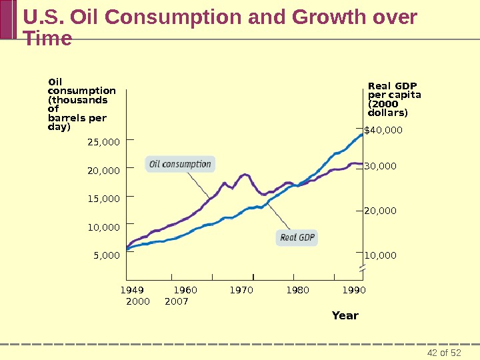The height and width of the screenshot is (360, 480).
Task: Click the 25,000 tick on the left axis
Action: point(103,142)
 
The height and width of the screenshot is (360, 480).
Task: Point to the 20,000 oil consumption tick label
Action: point(103,171)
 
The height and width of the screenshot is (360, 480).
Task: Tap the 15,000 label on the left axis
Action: point(103,199)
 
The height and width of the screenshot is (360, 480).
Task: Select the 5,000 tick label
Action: point(106,255)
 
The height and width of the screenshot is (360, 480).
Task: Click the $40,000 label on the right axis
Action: point(383,130)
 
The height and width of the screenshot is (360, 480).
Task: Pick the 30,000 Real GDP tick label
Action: point(380,166)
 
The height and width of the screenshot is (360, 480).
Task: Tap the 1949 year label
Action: point(132,290)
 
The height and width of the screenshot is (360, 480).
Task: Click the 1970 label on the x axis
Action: point(241,290)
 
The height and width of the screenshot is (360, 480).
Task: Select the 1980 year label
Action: point(297,290)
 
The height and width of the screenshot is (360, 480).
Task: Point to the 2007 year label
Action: point(176,301)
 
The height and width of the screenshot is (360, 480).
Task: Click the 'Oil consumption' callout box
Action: point(180,164)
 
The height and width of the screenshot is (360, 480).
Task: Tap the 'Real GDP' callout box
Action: point(297,237)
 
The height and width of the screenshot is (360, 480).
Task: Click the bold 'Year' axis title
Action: point(345,315)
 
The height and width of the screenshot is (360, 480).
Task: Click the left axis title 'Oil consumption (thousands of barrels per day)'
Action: point(77,105)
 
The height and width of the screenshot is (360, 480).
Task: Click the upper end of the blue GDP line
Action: point(362,134)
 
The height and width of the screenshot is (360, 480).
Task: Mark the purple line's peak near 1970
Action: point(245,175)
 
